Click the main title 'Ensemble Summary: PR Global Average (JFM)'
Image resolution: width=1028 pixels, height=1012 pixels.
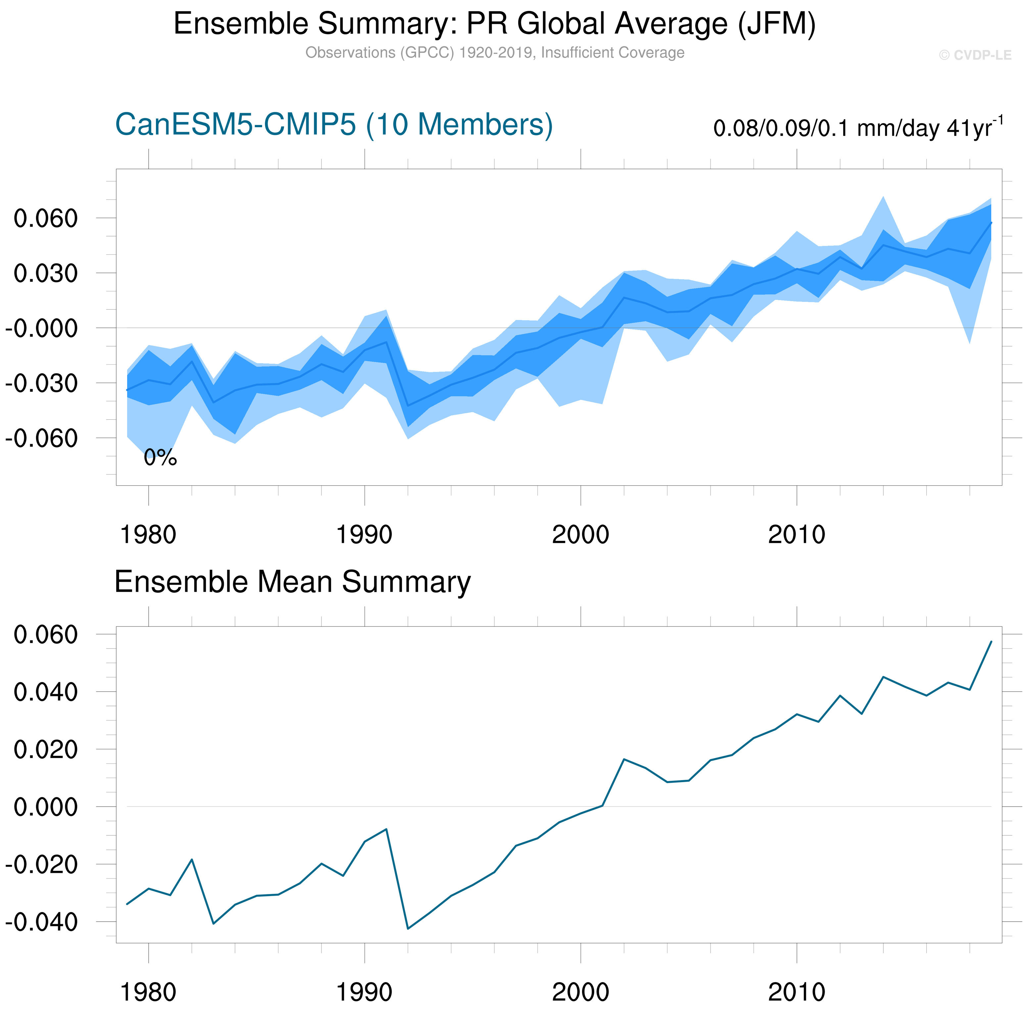coord(494,24)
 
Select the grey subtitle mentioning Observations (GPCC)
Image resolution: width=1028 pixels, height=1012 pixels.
coord(495,53)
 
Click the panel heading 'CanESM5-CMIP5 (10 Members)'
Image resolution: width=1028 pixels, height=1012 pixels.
coord(334,125)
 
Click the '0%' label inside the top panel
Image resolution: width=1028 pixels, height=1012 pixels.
coord(160,457)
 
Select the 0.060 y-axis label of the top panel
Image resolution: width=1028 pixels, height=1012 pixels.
coord(46,218)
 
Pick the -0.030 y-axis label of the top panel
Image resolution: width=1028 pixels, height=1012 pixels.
coord(41,383)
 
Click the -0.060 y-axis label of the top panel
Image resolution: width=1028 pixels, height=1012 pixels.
coord(41,439)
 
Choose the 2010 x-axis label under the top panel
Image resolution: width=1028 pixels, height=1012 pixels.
coord(796,535)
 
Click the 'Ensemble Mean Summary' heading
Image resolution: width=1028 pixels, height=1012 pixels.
coord(292,582)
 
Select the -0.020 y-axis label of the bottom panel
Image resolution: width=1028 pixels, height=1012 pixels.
coord(41,865)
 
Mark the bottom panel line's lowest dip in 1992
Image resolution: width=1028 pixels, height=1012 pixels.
coord(408,929)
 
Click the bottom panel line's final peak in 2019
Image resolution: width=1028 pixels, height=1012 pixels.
coord(991,642)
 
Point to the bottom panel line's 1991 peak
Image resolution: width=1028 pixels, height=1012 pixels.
coord(386,828)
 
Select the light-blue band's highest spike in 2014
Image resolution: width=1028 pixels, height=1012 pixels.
coord(883,197)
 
